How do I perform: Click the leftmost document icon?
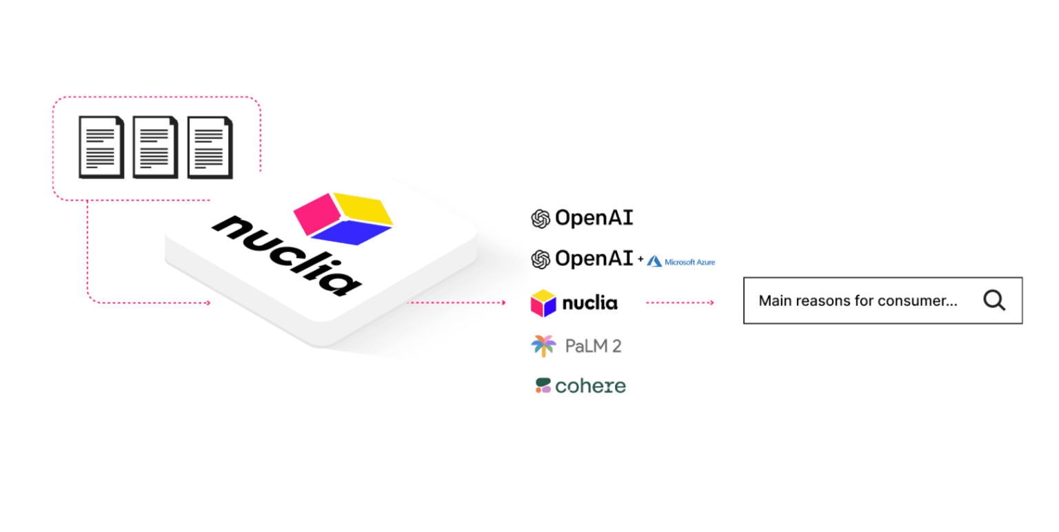101,147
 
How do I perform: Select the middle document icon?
155,147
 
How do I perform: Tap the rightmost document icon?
210,147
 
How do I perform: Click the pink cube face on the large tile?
314,212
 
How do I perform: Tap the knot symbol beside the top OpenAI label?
540,218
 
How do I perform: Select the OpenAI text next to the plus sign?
594,259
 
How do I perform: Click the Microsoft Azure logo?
680,261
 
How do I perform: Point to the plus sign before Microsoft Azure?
641,260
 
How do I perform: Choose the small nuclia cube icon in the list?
543,303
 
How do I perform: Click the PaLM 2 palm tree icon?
543,345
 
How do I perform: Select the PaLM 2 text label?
593,346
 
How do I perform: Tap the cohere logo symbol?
543,386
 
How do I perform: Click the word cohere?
590,387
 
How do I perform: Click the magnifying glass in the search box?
994,300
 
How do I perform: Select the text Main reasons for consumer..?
858,301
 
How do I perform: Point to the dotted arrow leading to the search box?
680,303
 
